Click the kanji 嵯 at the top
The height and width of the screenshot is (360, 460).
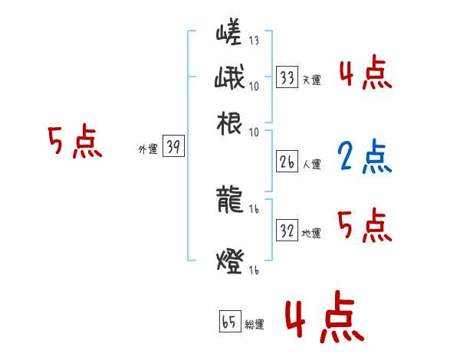[229, 34]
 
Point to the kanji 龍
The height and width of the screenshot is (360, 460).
[230, 201]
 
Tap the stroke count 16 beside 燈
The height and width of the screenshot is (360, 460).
[254, 269]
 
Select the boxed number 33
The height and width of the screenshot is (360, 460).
[287, 77]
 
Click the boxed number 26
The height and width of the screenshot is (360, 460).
[287, 162]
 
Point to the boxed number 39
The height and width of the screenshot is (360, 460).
[173, 148]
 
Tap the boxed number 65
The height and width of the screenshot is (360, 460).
[229, 322]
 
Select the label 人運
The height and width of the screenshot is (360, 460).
[311, 165]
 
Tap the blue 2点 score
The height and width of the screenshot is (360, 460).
[363, 157]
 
